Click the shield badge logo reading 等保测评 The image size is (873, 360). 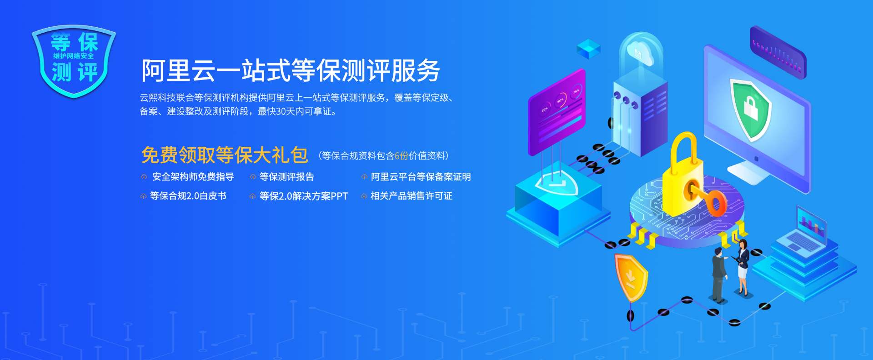pyautogui.click(x=74, y=60)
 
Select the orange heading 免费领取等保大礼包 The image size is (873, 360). pyautogui.click(x=224, y=155)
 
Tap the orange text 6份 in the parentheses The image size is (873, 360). pyautogui.click(x=401, y=156)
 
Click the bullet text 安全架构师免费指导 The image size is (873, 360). pyautogui.click(x=193, y=177)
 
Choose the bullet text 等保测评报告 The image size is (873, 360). pyautogui.click(x=286, y=177)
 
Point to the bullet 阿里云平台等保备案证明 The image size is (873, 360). pyautogui.click(x=421, y=177)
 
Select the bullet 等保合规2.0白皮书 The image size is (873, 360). pyautogui.click(x=188, y=196)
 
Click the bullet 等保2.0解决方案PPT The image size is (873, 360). pyautogui.click(x=303, y=196)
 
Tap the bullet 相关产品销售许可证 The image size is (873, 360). pyautogui.click(x=411, y=196)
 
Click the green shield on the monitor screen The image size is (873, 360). pyautogui.click(x=750, y=109)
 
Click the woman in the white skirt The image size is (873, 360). pyautogui.click(x=743, y=268)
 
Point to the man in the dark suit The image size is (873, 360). pyautogui.click(x=719, y=275)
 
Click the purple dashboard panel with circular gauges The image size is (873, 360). pyautogui.click(x=557, y=111)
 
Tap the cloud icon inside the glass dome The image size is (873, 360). pyautogui.click(x=640, y=52)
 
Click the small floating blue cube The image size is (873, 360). pyautogui.click(x=588, y=48)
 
